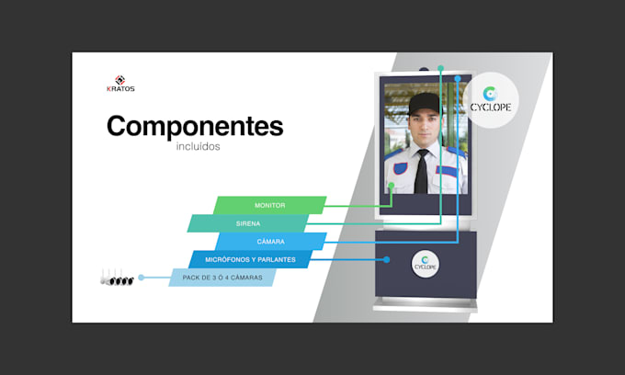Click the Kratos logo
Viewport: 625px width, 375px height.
pyautogui.click(x=120, y=84)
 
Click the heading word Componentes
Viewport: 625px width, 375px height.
pyautogui.click(x=195, y=126)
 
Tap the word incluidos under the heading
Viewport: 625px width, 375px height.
pyautogui.click(x=199, y=146)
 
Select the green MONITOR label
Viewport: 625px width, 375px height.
pyautogui.click(x=270, y=205)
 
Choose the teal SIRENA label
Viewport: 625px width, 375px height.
pyautogui.click(x=248, y=223)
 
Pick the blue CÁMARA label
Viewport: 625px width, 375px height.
pyautogui.click(x=270, y=242)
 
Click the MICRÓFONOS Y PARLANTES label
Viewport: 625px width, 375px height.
pyautogui.click(x=250, y=259)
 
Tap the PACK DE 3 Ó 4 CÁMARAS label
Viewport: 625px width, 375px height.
pyautogui.click(x=222, y=278)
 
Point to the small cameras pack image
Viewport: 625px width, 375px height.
pyautogui.click(x=117, y=278)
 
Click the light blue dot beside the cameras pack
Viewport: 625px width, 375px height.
pyautogui.click(x=142, y=278)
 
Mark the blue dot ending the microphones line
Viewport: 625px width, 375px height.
pyautogui.click(x=386, y=260)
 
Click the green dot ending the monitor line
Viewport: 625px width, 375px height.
pyautogui.click(x=392, y=186)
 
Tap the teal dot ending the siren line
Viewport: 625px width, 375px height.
pyautogui.click(x=440, y=68)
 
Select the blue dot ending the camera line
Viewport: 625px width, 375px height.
pyautogui.click(x=458, y=79)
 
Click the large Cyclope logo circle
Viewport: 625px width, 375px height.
pyautogui.click(x=491, y=100)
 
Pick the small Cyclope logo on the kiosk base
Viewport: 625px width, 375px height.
pyautogui.click(x=426, y=264)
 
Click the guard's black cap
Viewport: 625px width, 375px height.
pyautogui.click(x=424, y=103)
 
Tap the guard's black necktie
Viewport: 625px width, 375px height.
pyautogui.click(x=421, y=172)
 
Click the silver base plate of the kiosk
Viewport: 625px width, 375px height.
pyautogui.click(x=425, y=305)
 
